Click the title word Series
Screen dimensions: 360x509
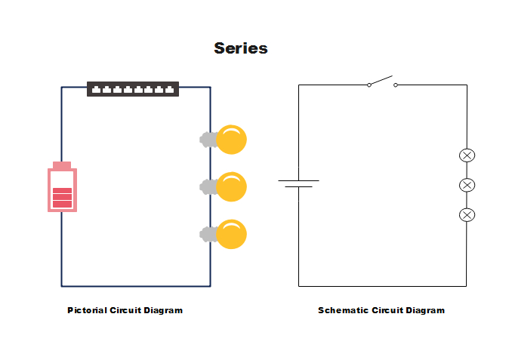[x=240, y=48]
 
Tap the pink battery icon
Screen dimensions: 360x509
[x=62, y=188]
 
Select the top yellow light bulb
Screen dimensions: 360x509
[x=230, y=140]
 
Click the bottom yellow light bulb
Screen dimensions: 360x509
[x=230, y=234]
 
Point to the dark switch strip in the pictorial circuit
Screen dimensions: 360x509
[x=133, y=89]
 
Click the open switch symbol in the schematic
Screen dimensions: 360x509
[x=381, y=82]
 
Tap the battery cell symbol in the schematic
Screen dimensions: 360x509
[x=298, y=183]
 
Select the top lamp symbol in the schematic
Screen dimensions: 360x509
[x=467, y=155]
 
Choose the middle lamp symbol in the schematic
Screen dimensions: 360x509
[x=467, y=185]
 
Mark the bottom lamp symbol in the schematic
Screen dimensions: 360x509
[x=467, y=215]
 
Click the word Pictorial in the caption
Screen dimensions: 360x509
[x=87, y=310]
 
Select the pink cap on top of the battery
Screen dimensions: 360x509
[x=62, y=165]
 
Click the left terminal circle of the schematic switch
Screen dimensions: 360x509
[x=369, y=85]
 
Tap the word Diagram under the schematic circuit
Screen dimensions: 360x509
[x=424, y=310]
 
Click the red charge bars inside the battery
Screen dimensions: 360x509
[x=62, y=198]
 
